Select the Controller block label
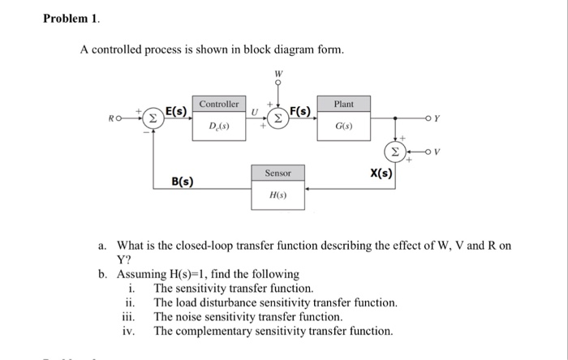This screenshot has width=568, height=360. [x=219, y=105]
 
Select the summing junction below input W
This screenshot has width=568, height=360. [x=277, y=117]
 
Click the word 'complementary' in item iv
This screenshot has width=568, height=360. [x=214, y=331]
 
